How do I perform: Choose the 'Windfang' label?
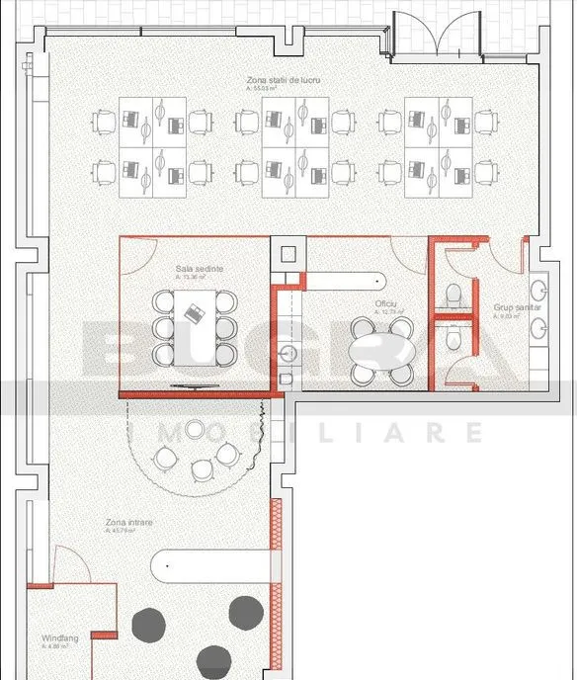[x=60, y=638]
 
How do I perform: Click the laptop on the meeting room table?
[x=194, y=313]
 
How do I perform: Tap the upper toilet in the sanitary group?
[x=453, y=294]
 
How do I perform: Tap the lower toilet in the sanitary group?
[x=453, y=339]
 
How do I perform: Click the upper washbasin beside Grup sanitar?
[x=539, y=289]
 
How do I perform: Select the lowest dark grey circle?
[x=212, y=661]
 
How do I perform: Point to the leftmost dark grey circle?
[x=149, y=623]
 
